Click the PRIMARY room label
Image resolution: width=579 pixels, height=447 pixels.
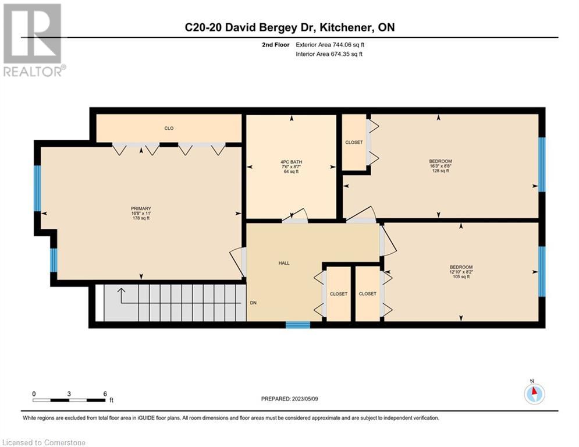point(141,208)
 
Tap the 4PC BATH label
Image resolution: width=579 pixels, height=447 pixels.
point(292,162)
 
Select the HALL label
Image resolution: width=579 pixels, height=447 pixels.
point(284,263)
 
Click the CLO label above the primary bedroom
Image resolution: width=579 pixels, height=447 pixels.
point(169,128)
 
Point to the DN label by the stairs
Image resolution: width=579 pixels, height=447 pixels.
point(253,303)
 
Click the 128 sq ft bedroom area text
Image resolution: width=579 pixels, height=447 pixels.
point(441,171)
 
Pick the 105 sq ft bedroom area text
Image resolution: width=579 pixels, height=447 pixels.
point(461,276)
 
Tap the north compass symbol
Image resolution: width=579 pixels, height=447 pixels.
point(534,393)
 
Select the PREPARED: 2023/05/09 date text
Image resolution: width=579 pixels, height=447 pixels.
point(290,399)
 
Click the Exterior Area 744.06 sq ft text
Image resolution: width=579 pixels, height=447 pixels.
point(330,45)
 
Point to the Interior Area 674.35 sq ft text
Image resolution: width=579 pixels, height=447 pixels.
point(329,54)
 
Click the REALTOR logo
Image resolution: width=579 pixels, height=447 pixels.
point(33,40)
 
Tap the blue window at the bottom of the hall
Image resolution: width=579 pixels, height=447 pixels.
point(298,325)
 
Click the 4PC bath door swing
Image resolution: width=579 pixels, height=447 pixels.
point(295,215)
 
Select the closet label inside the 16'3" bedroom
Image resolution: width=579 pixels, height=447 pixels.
point(354,142)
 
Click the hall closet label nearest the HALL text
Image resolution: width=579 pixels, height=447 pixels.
point(339,294)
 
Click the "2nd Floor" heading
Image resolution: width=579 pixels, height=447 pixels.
point(276,45)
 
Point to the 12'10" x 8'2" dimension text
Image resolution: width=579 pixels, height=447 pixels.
point(461,272)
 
